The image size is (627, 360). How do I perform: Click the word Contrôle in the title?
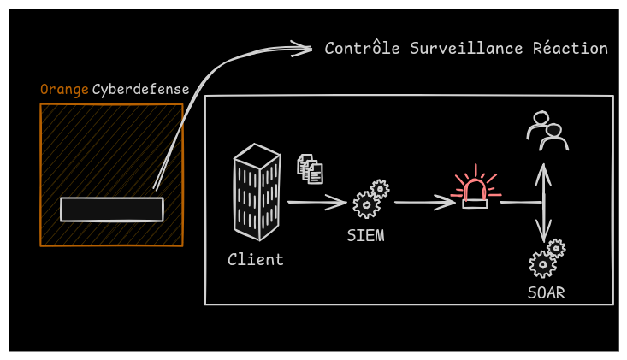coord(362,49)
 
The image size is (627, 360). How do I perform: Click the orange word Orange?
coord(64,90)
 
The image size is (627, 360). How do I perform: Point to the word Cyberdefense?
coord(140,90)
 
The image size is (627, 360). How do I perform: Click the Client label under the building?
coord(255,259)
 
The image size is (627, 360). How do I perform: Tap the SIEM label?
coord(365,235)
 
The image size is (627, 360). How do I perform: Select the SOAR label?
coord(546,293)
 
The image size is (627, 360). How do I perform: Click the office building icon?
coord(257,192)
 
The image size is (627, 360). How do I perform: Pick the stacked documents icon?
coord(310,168)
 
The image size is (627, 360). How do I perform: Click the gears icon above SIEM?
coord(371,199)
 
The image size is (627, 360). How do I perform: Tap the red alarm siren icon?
coord(475,190)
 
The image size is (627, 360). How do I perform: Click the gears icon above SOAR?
coord(547,259)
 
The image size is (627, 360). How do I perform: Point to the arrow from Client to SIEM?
coord(316,203)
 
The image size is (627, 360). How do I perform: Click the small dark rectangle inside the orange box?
coord(111,209)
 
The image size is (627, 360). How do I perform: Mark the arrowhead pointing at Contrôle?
coord(303,49)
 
